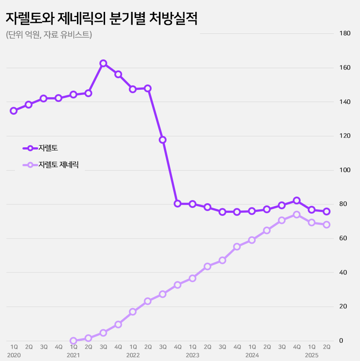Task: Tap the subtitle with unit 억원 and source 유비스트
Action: (x=49, y=35)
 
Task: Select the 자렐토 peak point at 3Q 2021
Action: (x=103, y=63)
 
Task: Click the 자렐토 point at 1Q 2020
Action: (x=14, y=111)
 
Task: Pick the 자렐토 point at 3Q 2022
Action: (x=163, y=140)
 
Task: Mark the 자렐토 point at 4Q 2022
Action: (x=178, y=204)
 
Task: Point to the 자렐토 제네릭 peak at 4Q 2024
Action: (x=297, y=215)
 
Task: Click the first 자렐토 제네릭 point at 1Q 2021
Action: (x=73, y=341)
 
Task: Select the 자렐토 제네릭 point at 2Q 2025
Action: (x=327, y=225)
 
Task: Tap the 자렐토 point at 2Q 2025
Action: (x=327, y=211)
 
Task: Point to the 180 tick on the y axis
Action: (x=345, y=33)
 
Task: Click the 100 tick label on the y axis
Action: (x=345, y=170)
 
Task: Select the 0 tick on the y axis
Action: (x=341, y=341)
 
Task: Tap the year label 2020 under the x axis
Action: (x=14, y=355)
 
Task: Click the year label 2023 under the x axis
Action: (x=193, y=355)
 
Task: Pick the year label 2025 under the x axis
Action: (x=312, y=355)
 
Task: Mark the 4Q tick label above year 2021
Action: (x=58, y=347)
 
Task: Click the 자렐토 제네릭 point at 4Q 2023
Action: (x=237, y=247)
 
